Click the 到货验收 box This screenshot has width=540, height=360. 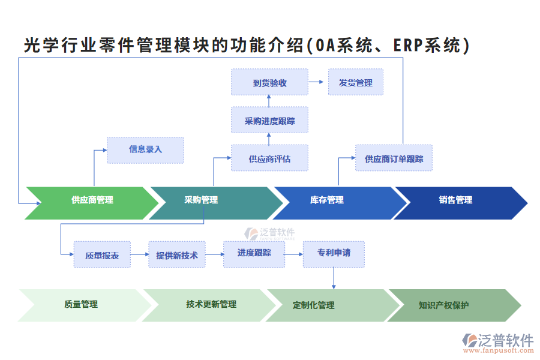tap(269, 82)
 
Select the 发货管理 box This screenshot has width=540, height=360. tap(355, 82)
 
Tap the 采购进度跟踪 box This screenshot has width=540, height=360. tap(269, 121)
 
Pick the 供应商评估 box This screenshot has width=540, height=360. tap(269, 158)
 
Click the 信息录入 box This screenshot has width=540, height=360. tap(145, 149)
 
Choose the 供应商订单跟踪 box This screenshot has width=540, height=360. tap(394, 158)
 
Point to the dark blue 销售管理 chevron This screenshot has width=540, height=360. tap(456, 200)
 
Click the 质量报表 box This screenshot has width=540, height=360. tap(102, 255)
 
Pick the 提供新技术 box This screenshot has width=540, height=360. tap(176, 255)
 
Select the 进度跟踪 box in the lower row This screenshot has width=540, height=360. tap(253, 254)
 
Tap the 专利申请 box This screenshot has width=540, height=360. tap(334, 254)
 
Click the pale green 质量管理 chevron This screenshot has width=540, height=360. tap(81, 305)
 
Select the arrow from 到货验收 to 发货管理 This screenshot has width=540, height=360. tap(317, 82)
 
